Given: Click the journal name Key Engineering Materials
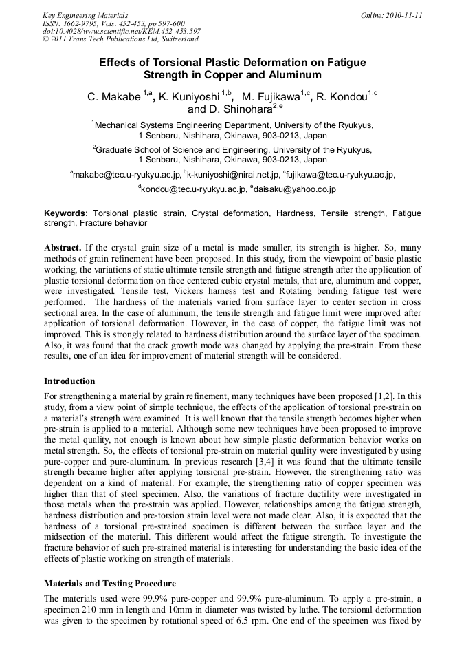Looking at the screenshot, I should [85, 15].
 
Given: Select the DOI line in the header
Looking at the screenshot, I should [121, 31].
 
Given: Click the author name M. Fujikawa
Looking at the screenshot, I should [274, 97].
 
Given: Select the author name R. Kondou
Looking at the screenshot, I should [342, 97].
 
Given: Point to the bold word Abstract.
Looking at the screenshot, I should [63, 246].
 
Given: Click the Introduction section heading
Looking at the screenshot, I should [69, 381].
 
